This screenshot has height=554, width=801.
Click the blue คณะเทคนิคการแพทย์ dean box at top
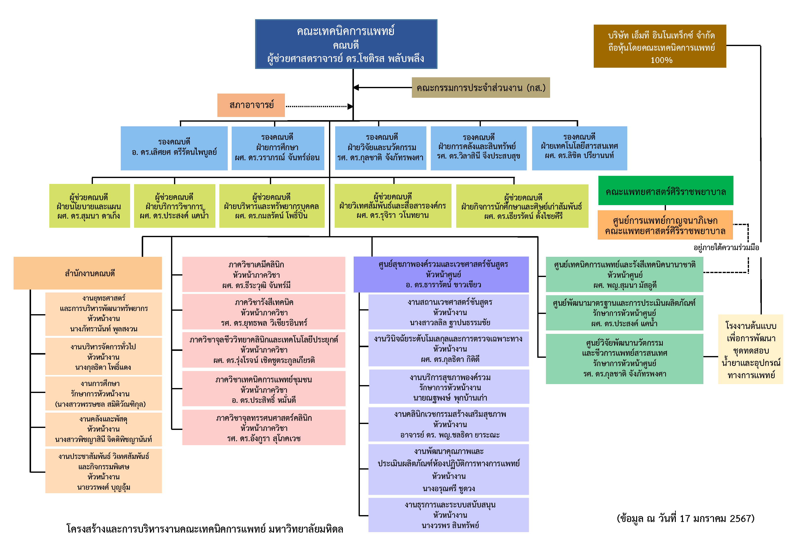[346, 44]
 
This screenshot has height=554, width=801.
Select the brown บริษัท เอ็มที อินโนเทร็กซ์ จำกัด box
[660, 46]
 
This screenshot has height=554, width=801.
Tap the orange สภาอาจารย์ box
[251, 105]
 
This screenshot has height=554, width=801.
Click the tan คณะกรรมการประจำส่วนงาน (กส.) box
[481, 87]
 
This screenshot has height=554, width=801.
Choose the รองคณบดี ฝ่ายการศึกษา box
[278, 148]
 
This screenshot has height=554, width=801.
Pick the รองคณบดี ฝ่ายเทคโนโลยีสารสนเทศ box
[579, 148]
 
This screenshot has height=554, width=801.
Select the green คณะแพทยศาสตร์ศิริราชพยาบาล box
[665, 191]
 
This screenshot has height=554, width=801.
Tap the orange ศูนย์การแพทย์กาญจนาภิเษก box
[665, 225]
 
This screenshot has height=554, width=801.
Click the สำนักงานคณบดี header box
[88, 273]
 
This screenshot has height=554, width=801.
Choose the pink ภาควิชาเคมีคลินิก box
[264, 275]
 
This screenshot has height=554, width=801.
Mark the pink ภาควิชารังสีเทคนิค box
[264, 312]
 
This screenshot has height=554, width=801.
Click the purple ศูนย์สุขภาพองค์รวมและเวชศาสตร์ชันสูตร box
[441, 275]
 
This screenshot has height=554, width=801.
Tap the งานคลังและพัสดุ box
[104, 429]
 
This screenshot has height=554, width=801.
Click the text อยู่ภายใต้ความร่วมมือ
[726, 247]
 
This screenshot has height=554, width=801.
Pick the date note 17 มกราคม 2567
[685, 519]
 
